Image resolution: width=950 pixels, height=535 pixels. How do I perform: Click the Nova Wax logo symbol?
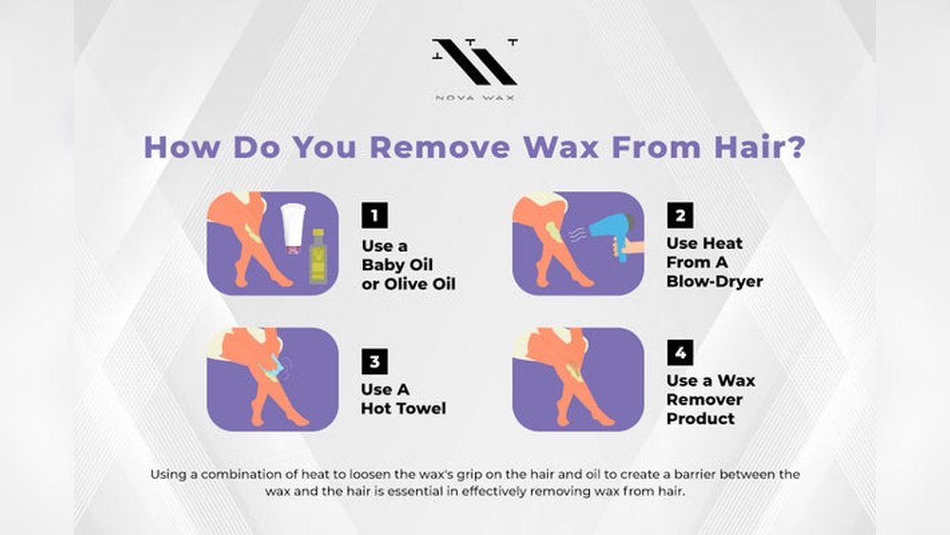pyautogui.click(x=475, y=61)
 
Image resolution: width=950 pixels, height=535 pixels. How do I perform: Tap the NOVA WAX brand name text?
pyautogui.click(x=475, y=98)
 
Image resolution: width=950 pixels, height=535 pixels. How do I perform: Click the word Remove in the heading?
pyautogui.click(x=441, y=147)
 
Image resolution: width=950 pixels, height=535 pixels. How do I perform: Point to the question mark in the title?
pyautogui.click(x=797, y=147)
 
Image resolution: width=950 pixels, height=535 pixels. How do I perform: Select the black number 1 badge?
pyautogui.click(x=374, y=215)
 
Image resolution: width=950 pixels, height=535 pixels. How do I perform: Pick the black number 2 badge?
pyautogui.click(x=680, y=215)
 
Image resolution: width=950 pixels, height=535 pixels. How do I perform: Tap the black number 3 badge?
pyautogui.click(x=374, y=361)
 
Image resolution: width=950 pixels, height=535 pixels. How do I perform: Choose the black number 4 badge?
pyautogui.click(x=680, y=352)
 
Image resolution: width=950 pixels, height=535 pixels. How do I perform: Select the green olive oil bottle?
pyautogui.click(x=317, y=257)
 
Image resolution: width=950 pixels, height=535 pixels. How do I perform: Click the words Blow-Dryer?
pyautogui.click(x=714, y=281)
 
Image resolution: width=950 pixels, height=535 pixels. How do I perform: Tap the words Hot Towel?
pyautogui.click(x=404, y=409)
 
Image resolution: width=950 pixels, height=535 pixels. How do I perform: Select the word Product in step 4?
pyautogui.click(x=700, y=419)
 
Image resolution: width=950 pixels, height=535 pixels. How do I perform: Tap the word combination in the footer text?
pyautogui.click(x=245, y=474)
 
